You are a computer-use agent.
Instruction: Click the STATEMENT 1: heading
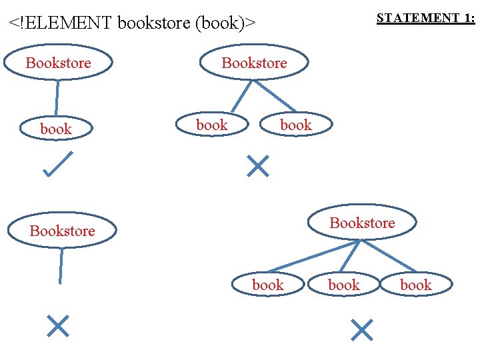coord(425,19)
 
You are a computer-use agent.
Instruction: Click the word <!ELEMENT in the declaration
coord(60,23)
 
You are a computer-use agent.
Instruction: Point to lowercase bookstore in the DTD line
coord(155,23)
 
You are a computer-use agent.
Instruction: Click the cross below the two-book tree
coord(257,166)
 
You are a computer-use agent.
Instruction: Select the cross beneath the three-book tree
coord(361,329)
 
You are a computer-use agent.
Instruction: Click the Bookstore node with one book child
coord(59,63)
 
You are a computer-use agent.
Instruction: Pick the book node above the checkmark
coord(56,129)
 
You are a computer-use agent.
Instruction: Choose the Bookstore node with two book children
coord(254,63)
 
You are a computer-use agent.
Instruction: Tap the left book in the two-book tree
coord(212,125)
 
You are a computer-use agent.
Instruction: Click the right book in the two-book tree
coord(295,125)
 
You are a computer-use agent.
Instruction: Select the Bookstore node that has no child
coord(62,231)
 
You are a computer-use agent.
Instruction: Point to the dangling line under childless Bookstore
coord(61,266)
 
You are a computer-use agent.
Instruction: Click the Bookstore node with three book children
coord(362,223)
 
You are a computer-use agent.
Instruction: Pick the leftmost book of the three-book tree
coord(268,285)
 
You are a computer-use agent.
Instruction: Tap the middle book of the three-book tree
coord(344,285)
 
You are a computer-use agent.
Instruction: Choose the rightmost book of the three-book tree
coord(416,285)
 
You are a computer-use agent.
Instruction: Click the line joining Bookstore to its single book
coord(57,97)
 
